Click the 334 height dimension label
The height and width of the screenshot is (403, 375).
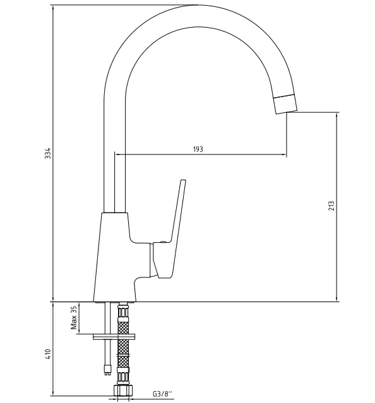click(48, 153)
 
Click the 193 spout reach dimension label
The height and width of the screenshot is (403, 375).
click(198, 149)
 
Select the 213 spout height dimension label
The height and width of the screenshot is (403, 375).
click(331, 206)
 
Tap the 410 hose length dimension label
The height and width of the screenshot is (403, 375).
click(48, 354)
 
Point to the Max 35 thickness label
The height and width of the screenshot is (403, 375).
click(74, 318)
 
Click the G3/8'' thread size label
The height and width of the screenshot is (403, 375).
click(162, 394)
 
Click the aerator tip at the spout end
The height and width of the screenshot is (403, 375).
click(285, 104)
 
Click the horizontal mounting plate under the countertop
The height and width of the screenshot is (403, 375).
click(114, 337)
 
